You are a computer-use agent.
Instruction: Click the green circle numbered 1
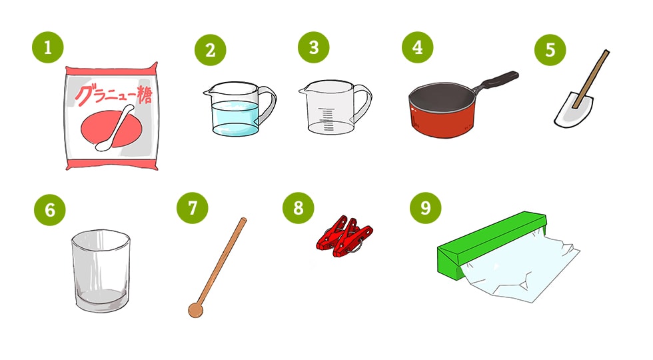tap(48, 47)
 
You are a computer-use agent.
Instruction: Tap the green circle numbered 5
tap(550, 50)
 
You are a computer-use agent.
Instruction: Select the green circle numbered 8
tap(299, 207)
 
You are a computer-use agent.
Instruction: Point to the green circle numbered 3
tap(314, 47)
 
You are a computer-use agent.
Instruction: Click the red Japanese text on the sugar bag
tap(113, 95)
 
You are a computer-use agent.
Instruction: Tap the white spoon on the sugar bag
tap(115, 128)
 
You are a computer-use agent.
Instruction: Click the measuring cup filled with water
tap(239, 109)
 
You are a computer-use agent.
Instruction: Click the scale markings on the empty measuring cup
tap(328, 119)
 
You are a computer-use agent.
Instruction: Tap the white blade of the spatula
tap(574, 111)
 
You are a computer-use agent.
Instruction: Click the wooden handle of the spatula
tap(592, 79)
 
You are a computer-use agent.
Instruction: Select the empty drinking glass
tap(101, 270)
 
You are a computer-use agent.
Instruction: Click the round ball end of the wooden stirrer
tap(195, 311)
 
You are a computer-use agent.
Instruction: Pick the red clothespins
tap(344, 236)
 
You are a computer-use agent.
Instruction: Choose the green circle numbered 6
tap(49, 209)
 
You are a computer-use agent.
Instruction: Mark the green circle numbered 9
tap(425, 207)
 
